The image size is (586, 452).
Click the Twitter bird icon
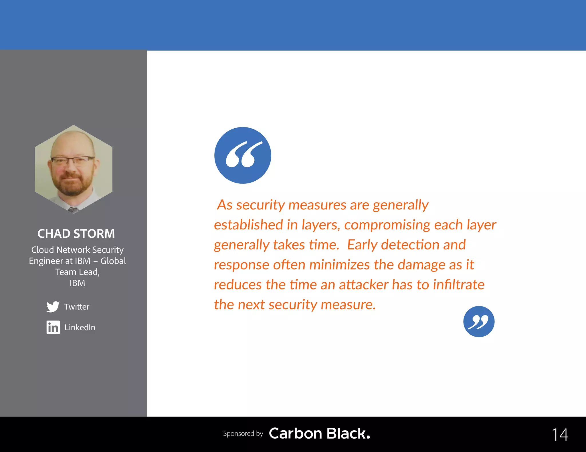point(53,307)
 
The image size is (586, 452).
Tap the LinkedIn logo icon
point(53,327)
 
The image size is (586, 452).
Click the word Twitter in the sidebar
point(77,307)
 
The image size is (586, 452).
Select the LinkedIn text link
point(80,327)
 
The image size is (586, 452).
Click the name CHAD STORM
point(76,234)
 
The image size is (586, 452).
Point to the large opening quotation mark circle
point(243,155)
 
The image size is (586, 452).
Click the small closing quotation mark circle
point(479,322)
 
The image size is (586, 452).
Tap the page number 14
point(560,435)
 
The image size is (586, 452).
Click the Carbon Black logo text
point(319,433)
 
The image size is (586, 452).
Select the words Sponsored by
point(243,434)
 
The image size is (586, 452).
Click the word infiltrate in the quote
point(459,285)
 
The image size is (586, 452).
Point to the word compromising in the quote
point(387,225)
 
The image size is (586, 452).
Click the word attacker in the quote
point(363,285)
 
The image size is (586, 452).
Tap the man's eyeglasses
point(72,161)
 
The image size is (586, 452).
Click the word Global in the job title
point(113,261)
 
